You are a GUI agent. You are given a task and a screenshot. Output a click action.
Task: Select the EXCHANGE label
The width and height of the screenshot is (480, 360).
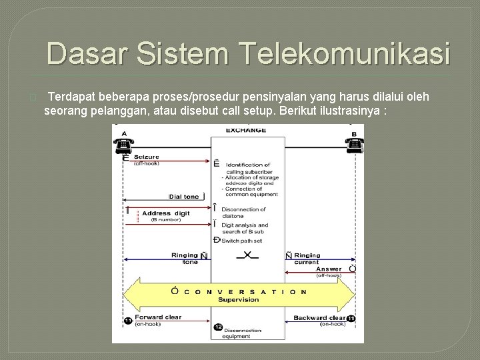[x=246, y=130]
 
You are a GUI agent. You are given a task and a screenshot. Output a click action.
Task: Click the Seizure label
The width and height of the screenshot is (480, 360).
[x=147, y=157]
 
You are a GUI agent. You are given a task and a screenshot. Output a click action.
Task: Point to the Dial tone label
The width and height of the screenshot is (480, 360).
[x=183, y=197]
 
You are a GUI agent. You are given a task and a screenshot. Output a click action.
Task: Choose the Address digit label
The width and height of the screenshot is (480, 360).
[x=166, y=213]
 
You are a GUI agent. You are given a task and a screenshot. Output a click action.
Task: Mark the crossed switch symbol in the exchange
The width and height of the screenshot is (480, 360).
[x=247, y=255]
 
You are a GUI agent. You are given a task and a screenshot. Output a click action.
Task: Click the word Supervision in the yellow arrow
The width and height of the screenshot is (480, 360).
[x=241, y=299]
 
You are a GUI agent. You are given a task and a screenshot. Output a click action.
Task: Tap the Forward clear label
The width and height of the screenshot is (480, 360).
[x=158, y=317]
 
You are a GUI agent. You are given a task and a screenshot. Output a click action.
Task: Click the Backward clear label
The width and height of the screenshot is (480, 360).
[x=319, y=318]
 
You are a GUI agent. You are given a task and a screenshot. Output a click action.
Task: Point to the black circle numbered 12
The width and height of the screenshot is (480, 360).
[x=218, y=327]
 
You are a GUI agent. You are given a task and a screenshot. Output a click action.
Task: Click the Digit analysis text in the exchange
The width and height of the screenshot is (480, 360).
[x=245, y=225]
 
